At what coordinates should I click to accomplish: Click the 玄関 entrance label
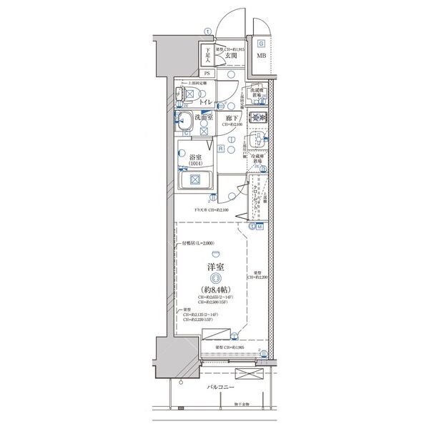230,55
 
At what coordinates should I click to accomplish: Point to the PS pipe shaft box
208,73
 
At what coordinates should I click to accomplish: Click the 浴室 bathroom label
195,158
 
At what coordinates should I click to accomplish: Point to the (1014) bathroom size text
195,166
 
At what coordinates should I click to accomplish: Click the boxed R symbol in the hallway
221,148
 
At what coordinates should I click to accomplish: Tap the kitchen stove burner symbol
259,118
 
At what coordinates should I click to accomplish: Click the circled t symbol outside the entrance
207,31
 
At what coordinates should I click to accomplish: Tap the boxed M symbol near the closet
260,227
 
